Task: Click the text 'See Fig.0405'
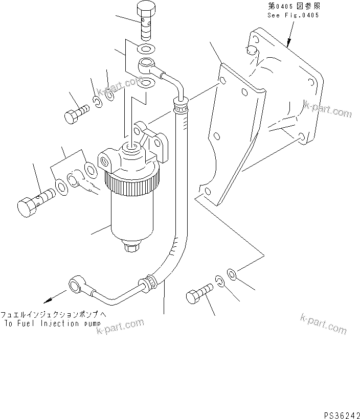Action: [293, 15]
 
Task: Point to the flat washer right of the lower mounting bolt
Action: [231, 275]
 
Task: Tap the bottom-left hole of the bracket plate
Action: [207, 192]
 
